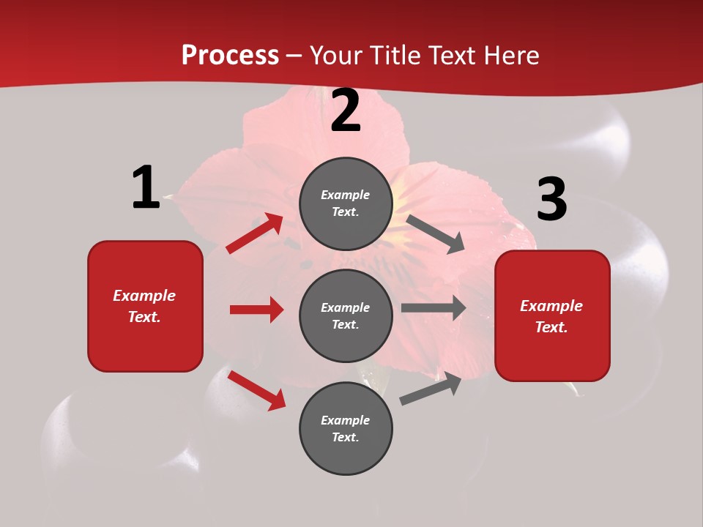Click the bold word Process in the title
tap(230, 55)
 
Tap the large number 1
tap(146, 187)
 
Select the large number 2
tap(346, 111)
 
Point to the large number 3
tap(551, 199)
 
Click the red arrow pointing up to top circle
tap(254, 234)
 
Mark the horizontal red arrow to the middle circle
tap(256, 310)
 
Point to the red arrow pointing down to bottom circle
tap(256, 390)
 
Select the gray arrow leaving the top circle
tap(436, 233)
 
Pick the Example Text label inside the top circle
tap(346, 203)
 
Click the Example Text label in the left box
tap(144, 306)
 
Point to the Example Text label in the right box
tap(551, 316)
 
